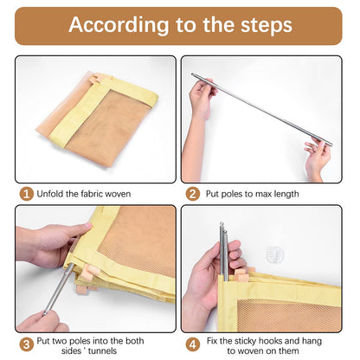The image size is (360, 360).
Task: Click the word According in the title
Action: coord(119,25)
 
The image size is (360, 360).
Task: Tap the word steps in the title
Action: coord(267,25)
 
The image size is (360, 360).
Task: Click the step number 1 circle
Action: coord(26,194)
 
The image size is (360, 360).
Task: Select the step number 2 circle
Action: coord(192,194)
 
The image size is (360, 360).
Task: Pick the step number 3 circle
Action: coord(26,344)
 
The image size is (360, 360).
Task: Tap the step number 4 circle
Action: coord(192,344)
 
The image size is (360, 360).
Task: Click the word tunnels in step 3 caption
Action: coord(102,350)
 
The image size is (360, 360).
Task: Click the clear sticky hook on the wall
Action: coord(274,254)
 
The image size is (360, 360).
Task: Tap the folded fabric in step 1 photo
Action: coord(97,112)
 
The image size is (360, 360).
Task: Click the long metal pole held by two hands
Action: coord(261,109)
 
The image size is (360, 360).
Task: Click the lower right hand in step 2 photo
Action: coord(318,158)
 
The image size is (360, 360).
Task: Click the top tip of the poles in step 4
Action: coord(222,223)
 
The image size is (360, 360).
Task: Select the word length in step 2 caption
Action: coord(284,194)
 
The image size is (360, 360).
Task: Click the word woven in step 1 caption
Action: coord(118,194)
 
